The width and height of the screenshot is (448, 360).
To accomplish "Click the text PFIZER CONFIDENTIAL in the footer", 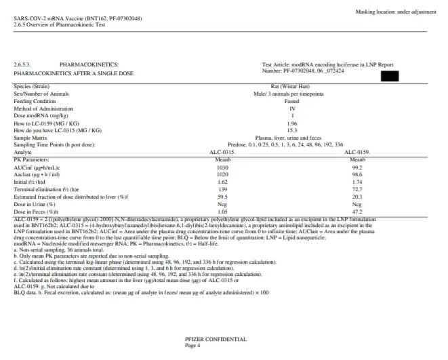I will tap(216, 339).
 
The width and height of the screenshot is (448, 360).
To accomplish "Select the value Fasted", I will tap(292, 101).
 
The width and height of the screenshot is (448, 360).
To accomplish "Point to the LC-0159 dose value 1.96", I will tap(292, 123).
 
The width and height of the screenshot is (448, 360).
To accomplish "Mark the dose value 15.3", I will tap(292, 130).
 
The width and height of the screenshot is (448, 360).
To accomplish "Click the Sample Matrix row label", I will tap(31, 138).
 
